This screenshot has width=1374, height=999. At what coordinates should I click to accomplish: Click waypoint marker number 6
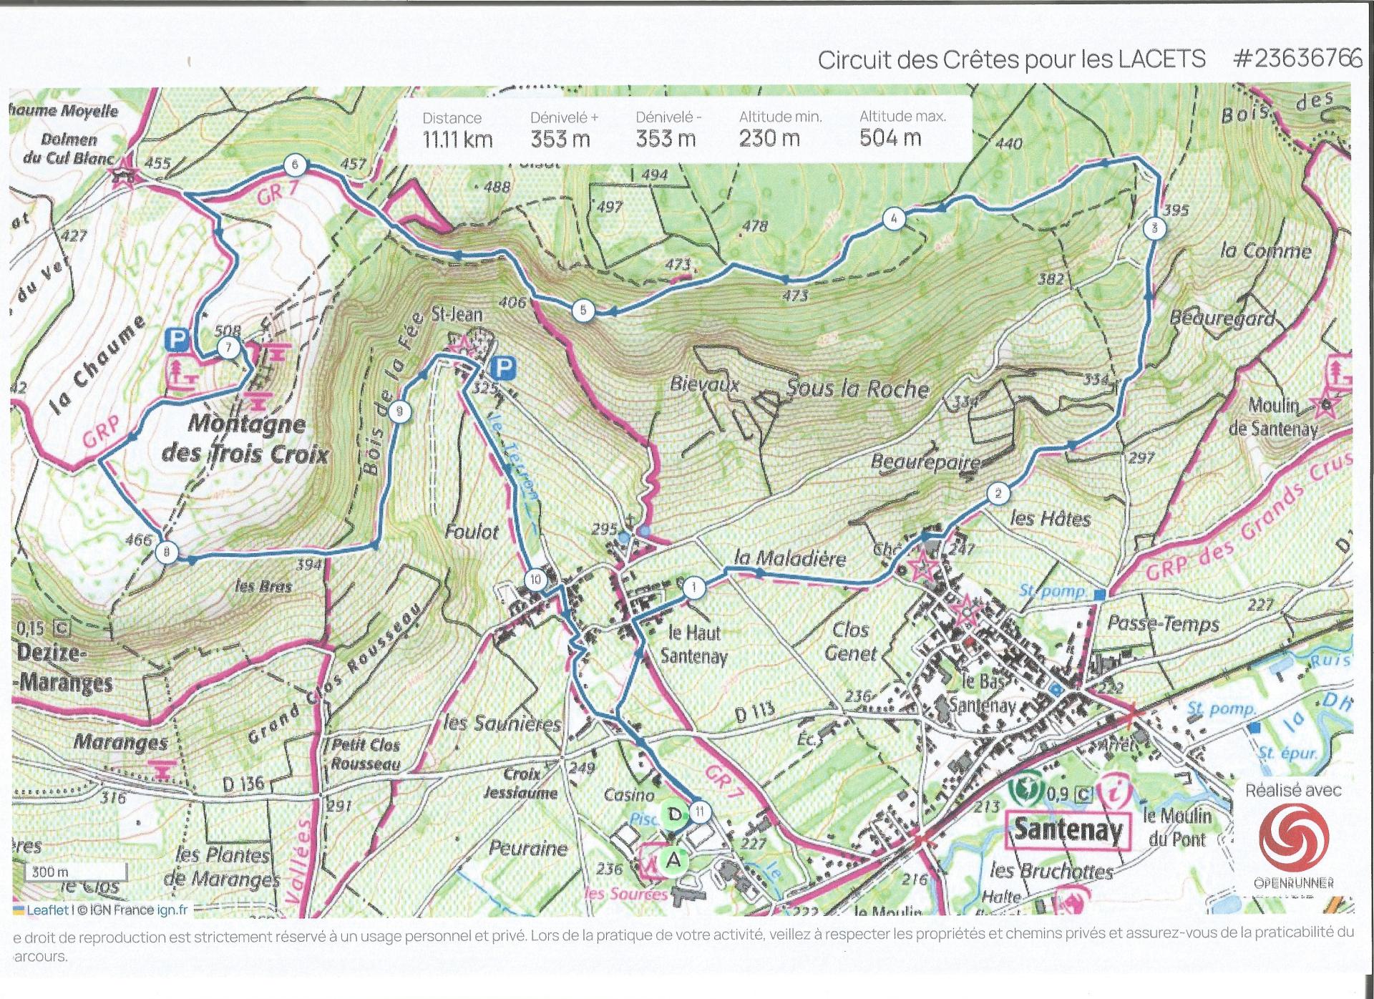coord(295,165)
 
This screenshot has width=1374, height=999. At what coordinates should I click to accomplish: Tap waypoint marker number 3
coord(1154,229)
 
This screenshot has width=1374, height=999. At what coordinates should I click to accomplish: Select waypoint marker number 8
coord(167,552)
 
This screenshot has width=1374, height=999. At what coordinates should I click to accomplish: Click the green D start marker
coord(674,814)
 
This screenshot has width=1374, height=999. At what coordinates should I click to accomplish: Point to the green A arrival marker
coord(674,860)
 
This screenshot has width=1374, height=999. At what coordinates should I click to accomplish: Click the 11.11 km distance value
coord(457,140)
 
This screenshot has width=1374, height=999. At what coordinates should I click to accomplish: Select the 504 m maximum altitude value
coord(890,138)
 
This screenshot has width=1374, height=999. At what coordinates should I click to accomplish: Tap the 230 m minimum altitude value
coord(769,138)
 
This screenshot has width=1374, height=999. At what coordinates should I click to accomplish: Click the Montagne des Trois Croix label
coord(245,439)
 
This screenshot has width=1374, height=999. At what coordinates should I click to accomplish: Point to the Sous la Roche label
coord(857,389)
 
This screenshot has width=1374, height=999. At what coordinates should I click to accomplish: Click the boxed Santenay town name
coord(1068,830)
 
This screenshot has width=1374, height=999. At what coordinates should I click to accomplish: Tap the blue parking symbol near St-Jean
coord(504,369)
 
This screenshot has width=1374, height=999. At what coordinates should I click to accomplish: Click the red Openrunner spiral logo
coord(1294,837)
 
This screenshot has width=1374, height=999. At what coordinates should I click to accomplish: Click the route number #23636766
coord(1297,59)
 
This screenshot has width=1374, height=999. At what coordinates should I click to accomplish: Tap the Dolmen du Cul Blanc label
coord(69,149)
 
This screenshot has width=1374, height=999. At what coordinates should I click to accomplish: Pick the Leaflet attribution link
coord(47,910)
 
